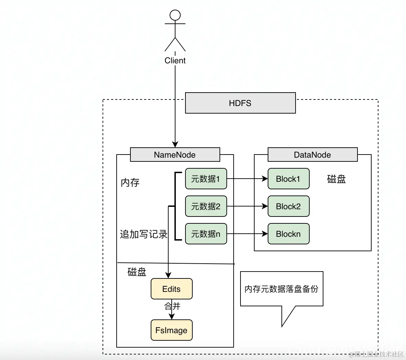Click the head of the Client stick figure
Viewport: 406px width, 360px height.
[175, 15]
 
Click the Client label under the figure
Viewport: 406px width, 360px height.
[175, 61]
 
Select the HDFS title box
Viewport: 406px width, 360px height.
[240, 103]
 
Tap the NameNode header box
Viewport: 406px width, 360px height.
[175, 155]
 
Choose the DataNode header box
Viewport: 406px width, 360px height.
[312, 155]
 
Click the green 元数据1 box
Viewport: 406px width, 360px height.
[206, 179]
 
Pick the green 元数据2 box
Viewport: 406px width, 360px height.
[206, 206]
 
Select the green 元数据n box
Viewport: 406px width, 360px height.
[206, 234]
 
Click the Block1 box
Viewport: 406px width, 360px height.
[288, 179]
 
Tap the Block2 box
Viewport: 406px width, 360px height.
[288, 206]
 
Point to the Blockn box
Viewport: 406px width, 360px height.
[288, 234]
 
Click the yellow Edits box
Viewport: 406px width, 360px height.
[171, 289]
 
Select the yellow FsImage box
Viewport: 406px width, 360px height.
[171, 330]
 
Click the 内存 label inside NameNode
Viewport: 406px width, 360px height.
[130, 182]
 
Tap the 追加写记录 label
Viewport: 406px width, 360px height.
[143, 234]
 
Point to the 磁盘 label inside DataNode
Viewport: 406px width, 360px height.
[336, 179]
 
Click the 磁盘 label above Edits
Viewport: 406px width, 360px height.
[137, 272]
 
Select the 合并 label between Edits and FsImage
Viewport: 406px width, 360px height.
[172, 306]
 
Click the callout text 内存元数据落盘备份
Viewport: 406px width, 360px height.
[281, 289]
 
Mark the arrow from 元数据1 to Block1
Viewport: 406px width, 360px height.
[247, 179]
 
